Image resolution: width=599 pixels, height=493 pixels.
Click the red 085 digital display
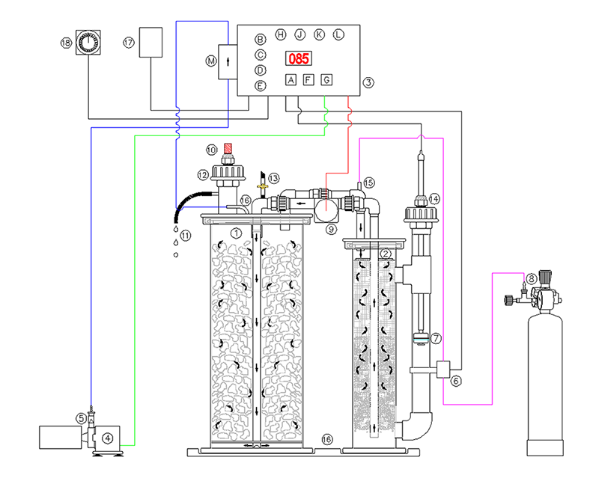pyautogui.click(x=298, y=58)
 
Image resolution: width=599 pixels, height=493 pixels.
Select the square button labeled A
pyautogui.click(x=291, y=80)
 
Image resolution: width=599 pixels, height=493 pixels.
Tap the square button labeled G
pyautogui.click(x=326, y=80)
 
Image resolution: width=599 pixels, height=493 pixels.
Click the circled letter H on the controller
pyautogui.click(x=280, y=34)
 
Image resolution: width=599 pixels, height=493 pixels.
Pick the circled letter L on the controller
pyautogui.click(x=338, y=34)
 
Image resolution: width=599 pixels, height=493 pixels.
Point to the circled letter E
pyautogui.click(x=261, y=86)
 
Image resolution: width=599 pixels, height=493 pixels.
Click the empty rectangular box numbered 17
pyautogui.click(x=151, y=43)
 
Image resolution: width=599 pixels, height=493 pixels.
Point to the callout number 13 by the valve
pyautogui.click(x=275, y=178)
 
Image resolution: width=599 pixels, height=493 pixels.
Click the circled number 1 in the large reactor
pyautogui.click(x=237, y=233)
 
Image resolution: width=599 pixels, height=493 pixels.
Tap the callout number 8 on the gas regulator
pyautogui.click(x=531, y=279)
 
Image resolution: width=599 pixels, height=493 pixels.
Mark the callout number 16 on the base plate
pyautogui.click(x=326, y=438)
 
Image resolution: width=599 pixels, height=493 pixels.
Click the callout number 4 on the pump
pyautogui.click(x=108, y=438)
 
